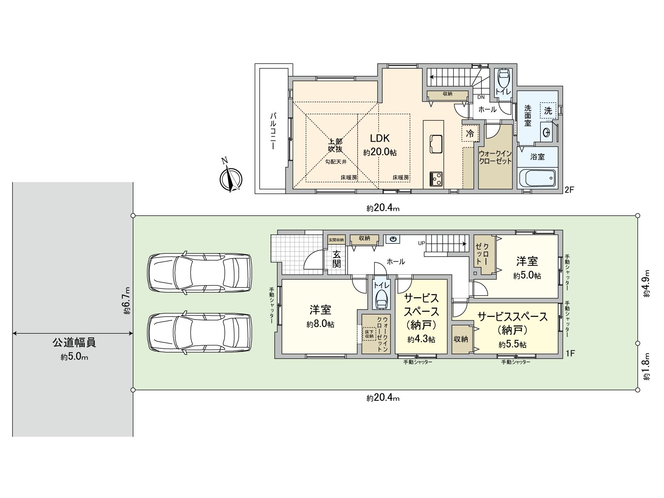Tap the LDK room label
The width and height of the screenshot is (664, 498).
click(380, 139)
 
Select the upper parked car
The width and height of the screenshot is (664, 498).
click(200, 273)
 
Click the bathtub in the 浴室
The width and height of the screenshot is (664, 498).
click(537, 179)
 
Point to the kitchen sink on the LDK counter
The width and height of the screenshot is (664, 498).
click(434, 144)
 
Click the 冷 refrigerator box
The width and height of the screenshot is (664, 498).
click(470, 134)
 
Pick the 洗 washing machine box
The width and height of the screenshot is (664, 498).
click(548, 111)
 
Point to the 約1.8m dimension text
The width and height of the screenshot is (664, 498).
click(647, 366)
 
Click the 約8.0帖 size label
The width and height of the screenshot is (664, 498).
click(320, 325)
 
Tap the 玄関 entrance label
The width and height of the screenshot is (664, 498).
click(336, 259)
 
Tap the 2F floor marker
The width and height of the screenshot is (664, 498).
click(569, 190)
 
